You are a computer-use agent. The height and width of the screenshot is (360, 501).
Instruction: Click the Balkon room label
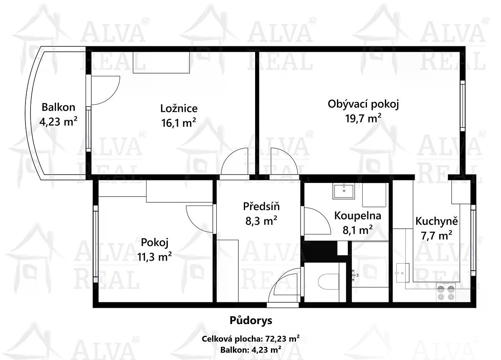(58, 107)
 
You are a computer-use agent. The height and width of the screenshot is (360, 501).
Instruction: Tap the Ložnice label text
(179, 109)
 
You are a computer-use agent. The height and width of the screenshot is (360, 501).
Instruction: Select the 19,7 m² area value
(363, 118)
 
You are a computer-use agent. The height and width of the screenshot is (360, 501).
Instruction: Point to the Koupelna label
(358, 215)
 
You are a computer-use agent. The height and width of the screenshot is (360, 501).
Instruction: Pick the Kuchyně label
(437, 221)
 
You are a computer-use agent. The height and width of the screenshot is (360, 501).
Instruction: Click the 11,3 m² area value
(154, 257)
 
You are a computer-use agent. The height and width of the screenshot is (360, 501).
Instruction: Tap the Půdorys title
(251, 320)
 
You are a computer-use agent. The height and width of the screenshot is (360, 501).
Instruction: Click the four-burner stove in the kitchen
(445, 293)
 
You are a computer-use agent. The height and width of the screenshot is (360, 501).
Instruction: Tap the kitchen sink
(402, 273)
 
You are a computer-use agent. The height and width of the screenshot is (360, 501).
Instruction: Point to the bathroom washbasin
(344, 191)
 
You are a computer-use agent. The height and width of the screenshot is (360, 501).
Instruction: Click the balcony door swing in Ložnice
(106, 90)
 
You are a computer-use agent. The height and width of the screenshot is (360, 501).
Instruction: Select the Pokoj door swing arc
(199, 219)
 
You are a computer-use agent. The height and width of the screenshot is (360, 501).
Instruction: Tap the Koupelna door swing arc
(317, 221)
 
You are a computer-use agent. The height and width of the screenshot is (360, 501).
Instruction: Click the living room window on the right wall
(463, 106)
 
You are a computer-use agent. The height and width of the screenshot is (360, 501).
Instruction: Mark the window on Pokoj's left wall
(96, 244)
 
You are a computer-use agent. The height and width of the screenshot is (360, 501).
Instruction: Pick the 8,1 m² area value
(358, 230)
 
